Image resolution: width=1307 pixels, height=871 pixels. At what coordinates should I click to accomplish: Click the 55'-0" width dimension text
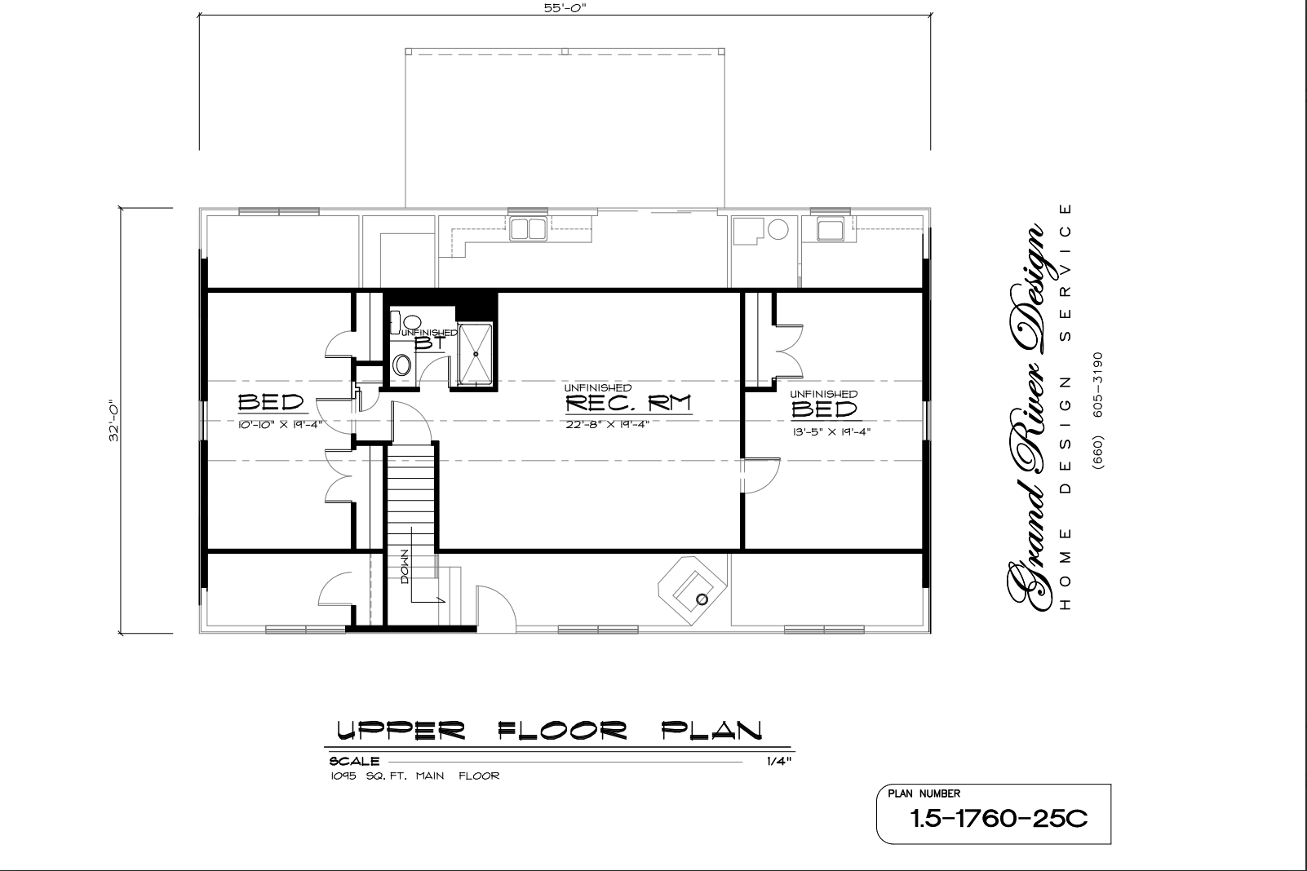click(565, 8)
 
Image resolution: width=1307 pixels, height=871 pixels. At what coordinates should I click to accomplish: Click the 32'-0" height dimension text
click(113, 420)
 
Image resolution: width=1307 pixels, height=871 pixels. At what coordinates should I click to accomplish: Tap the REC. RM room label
click(628, 403)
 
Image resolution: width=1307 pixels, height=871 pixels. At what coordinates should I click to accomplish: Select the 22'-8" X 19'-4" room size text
click(608, 425)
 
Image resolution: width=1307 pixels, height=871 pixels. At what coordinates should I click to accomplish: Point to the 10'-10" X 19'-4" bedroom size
click(280, 425)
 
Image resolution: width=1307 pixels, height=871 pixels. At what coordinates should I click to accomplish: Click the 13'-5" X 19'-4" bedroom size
click(831, 432)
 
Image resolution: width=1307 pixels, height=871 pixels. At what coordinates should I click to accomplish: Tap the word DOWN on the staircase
click(405, 567)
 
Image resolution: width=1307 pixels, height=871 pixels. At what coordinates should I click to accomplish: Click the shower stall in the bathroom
click(476, 354)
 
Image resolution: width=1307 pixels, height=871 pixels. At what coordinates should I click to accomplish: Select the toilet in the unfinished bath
click(401, 365)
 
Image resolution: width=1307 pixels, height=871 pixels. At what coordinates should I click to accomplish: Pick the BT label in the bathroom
click(429, 343)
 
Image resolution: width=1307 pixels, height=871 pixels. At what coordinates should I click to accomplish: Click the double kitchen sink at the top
click(528, 228)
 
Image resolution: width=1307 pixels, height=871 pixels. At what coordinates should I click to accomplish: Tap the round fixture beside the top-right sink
click(778, 229)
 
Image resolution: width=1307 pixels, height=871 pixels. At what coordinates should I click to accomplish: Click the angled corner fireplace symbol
click(692, 590)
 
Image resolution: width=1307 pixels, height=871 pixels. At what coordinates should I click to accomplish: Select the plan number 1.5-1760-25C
click(999, 819)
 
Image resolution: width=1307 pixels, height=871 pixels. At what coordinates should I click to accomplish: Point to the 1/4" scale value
click(778, 761)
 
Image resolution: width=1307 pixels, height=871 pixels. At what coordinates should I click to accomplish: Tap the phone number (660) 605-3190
click(1097, 410)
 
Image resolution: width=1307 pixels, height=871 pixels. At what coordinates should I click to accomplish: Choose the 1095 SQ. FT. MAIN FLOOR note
click(414, 776)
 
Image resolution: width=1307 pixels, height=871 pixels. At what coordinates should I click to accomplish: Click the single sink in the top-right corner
click(831, 228)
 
